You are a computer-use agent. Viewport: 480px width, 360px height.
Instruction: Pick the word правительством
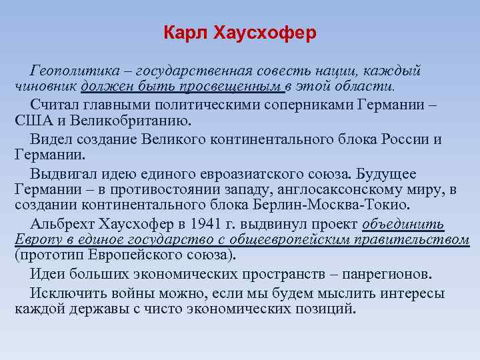[x=418, y=239]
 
